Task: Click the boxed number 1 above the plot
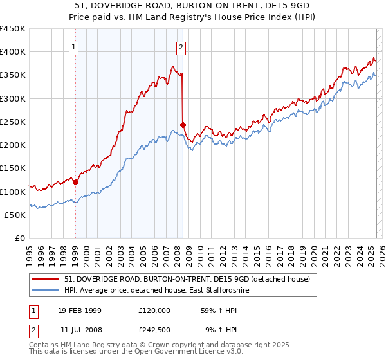tap(75, 47)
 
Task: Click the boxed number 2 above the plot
tap(181, 47)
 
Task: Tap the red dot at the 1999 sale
tap(76, 182)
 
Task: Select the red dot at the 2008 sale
tap(183, 125)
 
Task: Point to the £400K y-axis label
tap(12, 52)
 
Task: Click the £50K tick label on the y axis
tap(15, 215)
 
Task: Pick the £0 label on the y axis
tap(20, 239)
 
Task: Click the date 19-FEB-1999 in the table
tap(80, 310)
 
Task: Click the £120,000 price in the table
tap(154, 310)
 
